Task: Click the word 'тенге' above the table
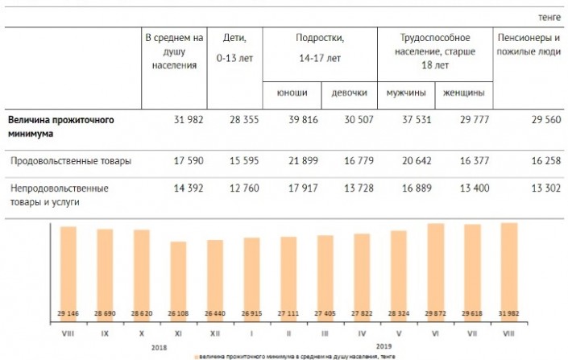pos(548,17)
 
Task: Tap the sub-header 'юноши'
pos(292,92)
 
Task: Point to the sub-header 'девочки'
pos(349,92)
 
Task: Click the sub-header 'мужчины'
pos(406,92)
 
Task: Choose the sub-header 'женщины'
pos(464,92)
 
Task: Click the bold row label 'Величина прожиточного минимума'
pos(60,126)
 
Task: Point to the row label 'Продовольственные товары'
pos(71,161)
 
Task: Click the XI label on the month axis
pos(178,333)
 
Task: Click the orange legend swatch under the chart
pos(195,355)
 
